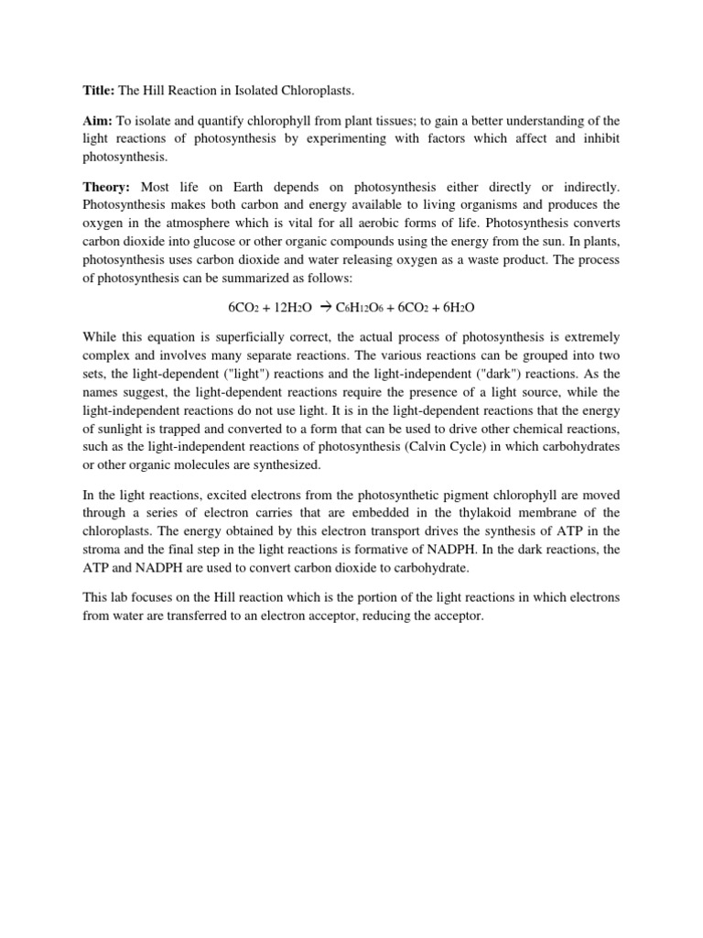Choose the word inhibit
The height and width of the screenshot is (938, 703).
[600, 138]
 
